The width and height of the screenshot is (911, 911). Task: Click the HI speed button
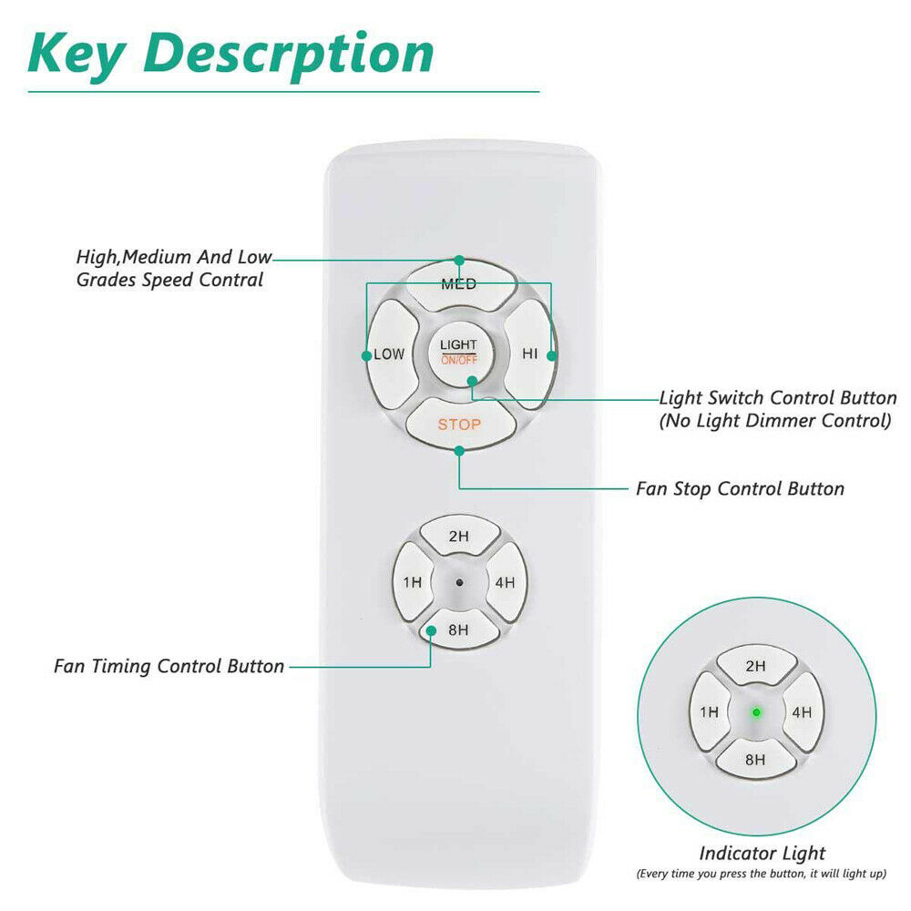529,353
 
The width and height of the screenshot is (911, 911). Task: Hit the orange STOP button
459,425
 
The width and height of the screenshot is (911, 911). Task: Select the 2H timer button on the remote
458,537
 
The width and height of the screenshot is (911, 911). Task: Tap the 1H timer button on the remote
413,583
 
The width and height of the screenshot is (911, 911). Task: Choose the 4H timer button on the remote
505,583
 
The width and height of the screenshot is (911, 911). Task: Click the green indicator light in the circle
756,713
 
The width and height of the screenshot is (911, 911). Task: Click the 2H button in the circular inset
756,667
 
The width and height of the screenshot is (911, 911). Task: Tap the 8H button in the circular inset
756,759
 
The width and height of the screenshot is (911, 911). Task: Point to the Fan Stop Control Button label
740,489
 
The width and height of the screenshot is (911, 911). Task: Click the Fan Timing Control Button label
169,666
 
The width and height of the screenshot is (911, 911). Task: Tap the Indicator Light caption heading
762,854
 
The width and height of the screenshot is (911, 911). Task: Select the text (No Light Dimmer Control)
774,421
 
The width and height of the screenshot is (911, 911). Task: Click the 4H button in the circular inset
802,713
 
